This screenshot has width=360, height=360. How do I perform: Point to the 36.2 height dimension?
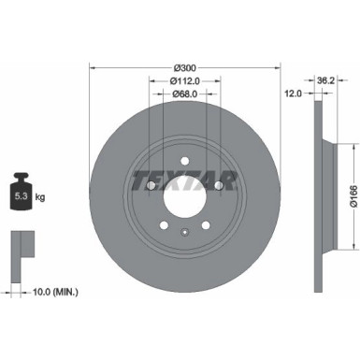tap(326, 80)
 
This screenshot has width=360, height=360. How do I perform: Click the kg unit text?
tap(40, 197)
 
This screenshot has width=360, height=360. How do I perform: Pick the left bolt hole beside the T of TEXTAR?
tap(151, 185)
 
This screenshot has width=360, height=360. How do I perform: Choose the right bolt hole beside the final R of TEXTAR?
tap(219, 185)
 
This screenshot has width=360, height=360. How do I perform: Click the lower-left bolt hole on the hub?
tap(164, 225)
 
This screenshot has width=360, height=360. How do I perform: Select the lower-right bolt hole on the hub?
tap(206, 225)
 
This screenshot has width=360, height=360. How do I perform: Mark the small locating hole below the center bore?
tap(184, 233)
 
